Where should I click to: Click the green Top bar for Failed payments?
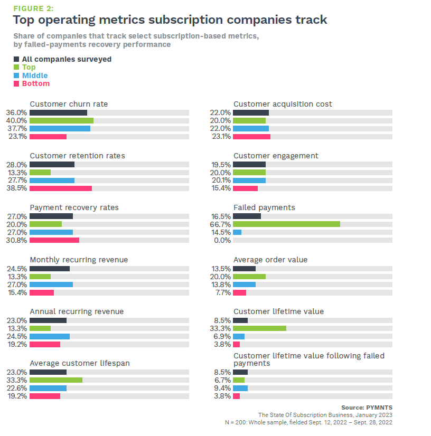click(x=286, y=224)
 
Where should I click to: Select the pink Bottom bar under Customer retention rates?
click(x=61, y=188)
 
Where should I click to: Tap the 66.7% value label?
click(x=221, y=224)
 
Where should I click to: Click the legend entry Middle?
click(x=35, y=75)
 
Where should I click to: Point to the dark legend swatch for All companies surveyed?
click(x=16, y=59)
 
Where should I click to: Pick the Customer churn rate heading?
click(x=69, y=104)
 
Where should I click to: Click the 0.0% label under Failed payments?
click(x=222, y=240)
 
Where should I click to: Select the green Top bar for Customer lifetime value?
click(x=259, y=328)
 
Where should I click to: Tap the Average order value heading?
click(x=270, y=260)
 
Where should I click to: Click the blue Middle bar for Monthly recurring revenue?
click(x=51, y=285)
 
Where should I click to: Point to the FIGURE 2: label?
click(x=33, y=8)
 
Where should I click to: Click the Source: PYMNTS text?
click(x=367, y=407)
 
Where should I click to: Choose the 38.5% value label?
click(x=16, y=188)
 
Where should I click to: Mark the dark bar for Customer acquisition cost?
click(x=251, y=112)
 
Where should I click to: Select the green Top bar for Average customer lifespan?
click(x=56, y=380)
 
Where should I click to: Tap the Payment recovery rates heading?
click(x=74, y=207)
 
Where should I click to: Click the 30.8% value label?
click(x=16, y=240)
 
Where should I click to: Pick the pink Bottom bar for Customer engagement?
click(x=245, y=188)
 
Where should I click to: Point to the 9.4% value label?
click(x=222, y=388)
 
